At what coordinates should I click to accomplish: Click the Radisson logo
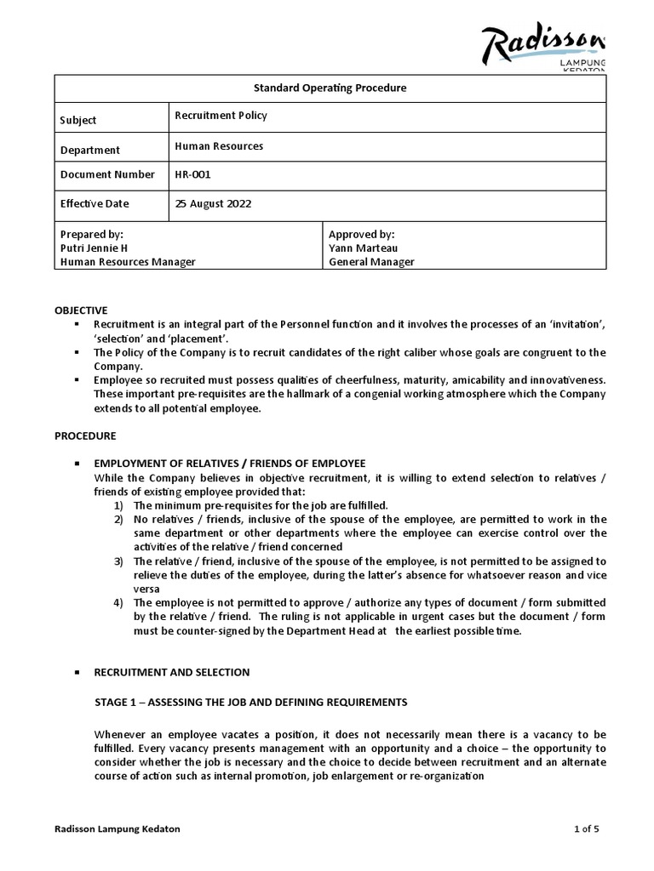click(543, 47)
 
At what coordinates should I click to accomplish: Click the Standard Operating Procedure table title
click(330, 88)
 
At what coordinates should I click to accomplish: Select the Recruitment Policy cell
click(221, 115)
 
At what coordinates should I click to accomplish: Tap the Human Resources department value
click(219, 146)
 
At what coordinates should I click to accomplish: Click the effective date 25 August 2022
click(213, 204)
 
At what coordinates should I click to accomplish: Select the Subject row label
click(78, 120)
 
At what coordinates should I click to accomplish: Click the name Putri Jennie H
click(96, 248)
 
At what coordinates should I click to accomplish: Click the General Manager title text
click(371, 262)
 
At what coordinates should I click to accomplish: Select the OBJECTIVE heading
click(82, 310)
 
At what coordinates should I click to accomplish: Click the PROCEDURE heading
click(85, 435)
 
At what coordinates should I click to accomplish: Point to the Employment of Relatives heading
click(229, 464)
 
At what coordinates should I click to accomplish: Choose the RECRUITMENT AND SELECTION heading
click(171, 672)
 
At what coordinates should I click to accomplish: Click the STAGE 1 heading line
click(250, 702)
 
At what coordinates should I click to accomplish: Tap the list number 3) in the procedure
click(119, 561)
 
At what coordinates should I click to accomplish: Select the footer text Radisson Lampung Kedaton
click(118, 829)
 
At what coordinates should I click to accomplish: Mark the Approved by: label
click(361, 234)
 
